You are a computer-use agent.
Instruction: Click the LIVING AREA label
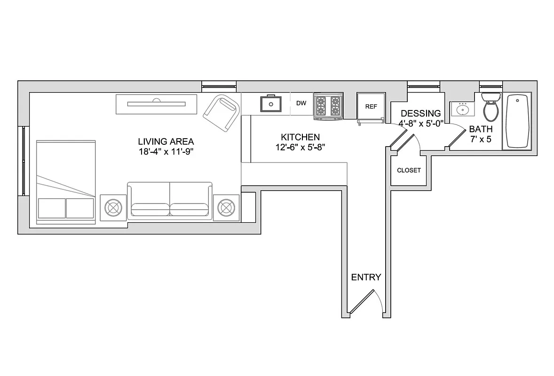[166, 141]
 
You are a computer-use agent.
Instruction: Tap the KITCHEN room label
[300, 137]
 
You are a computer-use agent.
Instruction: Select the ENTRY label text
[366, 277]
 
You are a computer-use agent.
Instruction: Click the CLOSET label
[409, 170]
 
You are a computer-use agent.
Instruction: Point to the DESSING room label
[420, 113]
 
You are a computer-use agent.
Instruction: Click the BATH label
[481, 129]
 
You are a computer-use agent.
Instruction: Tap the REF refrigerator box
[371, 107]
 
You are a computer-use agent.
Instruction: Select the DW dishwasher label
[301, 103]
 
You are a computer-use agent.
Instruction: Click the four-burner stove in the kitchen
[328, 106]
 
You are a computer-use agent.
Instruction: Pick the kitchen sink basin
[271, 104]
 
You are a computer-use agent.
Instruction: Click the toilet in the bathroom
[491, 107]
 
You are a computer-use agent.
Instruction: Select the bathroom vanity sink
[463, 110]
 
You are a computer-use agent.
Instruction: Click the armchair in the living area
[221, 113]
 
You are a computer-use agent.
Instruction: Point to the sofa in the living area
[170, 201]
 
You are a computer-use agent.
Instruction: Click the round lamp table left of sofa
[113, 207]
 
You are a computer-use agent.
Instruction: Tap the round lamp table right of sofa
[226, 207]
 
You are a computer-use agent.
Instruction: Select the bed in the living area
[66, 181]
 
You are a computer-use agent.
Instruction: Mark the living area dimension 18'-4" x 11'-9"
[166, 151]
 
